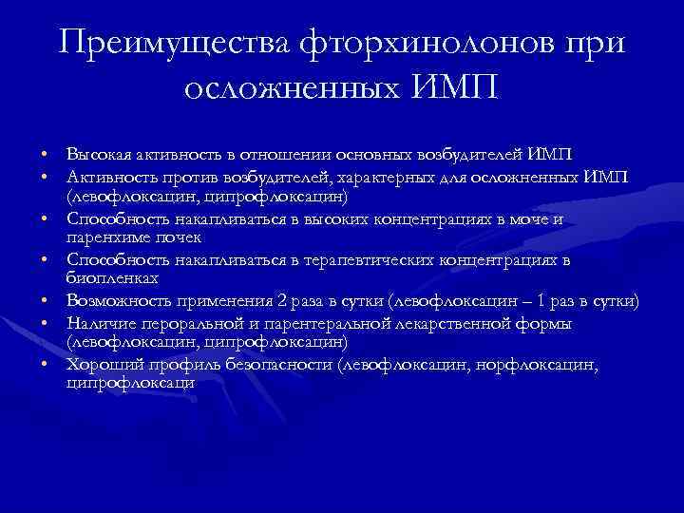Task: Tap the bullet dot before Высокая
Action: [x=45, y=156]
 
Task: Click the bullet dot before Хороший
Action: [x=45, y=365]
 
